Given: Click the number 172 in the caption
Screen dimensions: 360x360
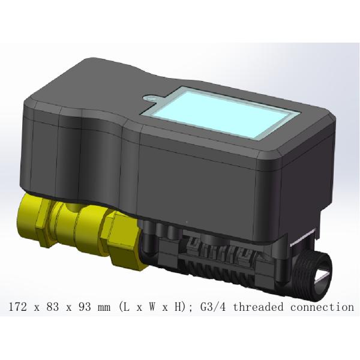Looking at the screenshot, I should pyautogui.click(x=18, y=307).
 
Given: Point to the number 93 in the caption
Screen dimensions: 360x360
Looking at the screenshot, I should pyautogui.click(x=82, y=307).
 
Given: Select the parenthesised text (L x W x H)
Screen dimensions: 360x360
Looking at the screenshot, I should pyautogui.click(x=154, y=307).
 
